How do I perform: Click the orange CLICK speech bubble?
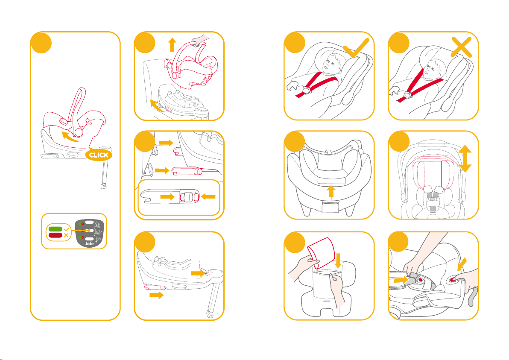(x=99, y=155)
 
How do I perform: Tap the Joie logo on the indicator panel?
(x=89, y=243)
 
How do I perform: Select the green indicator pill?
(x=55, y=229)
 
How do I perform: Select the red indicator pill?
(x=55, y=235)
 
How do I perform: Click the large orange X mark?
(x=461, y=47)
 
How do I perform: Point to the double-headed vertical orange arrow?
(x=465, y=158)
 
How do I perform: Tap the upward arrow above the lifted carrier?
(x=173, y=44)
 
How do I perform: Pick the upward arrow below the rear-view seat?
(x=331, y=191)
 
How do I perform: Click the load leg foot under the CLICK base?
(x=104, y=187)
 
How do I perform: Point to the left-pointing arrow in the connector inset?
(x=208, y=196)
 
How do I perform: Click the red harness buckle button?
(x=421, y=280)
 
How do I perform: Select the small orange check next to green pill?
(x=67, y=229)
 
